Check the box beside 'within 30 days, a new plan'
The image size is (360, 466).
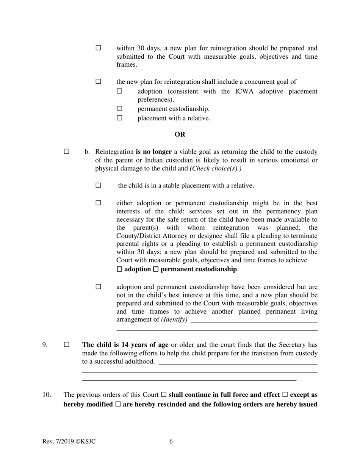[99, 48]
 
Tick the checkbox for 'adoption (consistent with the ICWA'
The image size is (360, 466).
[120, 91]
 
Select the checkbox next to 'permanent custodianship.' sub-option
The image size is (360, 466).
[120, 109]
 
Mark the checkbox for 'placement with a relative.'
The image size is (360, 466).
[120, 118]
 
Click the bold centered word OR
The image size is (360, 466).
[180, 134]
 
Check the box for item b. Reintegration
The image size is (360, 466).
[67, 152]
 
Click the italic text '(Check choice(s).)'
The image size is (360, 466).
[216, 168]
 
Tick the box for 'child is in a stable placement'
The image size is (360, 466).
[99, 186]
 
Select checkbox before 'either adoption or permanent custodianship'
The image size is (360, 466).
[99, 203]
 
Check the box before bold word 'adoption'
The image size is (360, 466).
[120, 269]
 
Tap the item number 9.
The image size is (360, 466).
[45, 345]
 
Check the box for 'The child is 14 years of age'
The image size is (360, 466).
[67, 345]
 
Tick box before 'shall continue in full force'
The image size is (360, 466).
[164, 395]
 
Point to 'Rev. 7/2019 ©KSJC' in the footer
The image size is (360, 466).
[69, 441]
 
